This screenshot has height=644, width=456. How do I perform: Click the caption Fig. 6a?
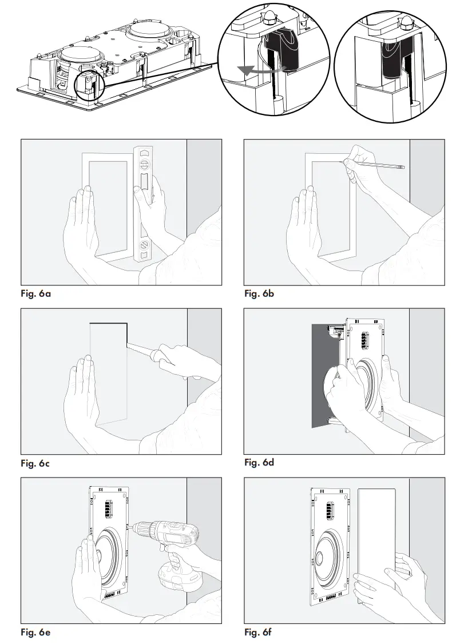[35, 294]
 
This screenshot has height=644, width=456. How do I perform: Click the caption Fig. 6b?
[259, 294]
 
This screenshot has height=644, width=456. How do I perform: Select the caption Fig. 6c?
[35, 463]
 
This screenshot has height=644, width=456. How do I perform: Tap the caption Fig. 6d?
[259, 462]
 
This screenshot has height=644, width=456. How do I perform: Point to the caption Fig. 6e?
[35, 632]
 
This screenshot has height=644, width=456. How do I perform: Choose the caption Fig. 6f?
[259, 632]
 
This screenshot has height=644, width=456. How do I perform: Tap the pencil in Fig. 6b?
[375, 166]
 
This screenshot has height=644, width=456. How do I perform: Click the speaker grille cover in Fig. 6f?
[376, 532]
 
